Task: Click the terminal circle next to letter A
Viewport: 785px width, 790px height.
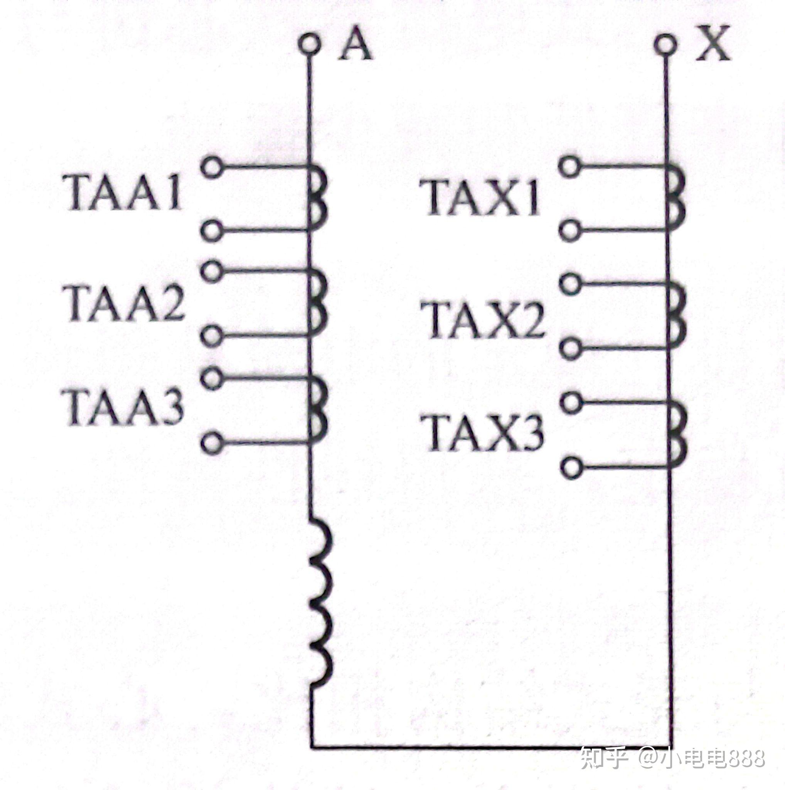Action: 309,44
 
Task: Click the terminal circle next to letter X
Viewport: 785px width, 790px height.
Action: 665,44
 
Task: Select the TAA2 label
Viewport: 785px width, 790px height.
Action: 124,302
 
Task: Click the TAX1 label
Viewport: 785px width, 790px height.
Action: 482,198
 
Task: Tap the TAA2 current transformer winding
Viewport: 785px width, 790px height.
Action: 318,304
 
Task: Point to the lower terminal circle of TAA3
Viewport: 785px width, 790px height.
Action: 212,443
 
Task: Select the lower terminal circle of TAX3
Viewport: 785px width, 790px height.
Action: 571,468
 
